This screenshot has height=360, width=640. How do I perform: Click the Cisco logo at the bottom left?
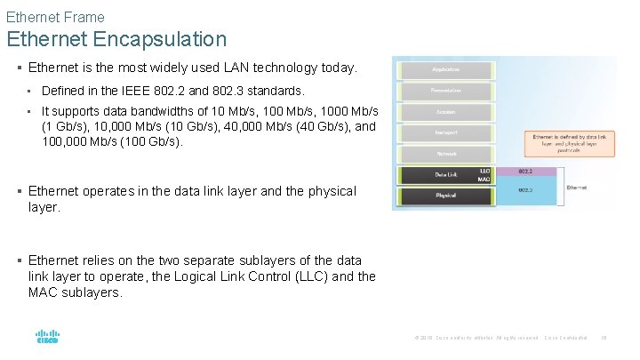(47, 338)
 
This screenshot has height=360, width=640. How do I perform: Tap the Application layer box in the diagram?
(445, 69)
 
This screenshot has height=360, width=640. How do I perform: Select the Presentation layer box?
(445, 91)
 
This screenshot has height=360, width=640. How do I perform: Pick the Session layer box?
(445, 112)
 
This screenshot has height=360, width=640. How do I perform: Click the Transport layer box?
(445, 132)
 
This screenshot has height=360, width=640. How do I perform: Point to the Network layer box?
(445, 154)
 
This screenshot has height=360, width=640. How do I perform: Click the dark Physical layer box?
(445, 196)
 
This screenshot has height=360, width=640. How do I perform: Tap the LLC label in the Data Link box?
(484, 171)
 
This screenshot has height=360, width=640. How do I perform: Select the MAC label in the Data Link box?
(484, 180)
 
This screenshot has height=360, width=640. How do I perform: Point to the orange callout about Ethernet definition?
(569, 143)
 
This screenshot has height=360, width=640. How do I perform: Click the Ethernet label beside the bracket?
(577, 188)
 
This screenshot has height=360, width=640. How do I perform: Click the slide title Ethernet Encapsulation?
(116, 39)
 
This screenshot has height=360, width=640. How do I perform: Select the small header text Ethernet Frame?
(55, 17)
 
